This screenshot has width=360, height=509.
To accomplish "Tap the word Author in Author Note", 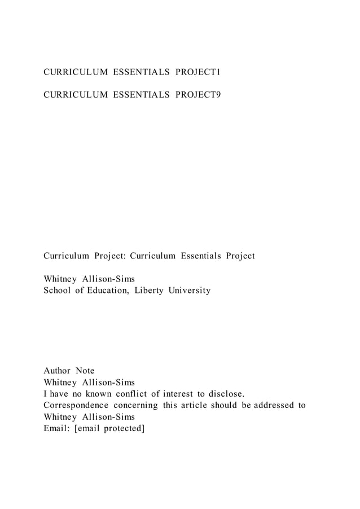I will (57, 371).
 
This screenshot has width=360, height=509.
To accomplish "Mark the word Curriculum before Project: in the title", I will (67, 256).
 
